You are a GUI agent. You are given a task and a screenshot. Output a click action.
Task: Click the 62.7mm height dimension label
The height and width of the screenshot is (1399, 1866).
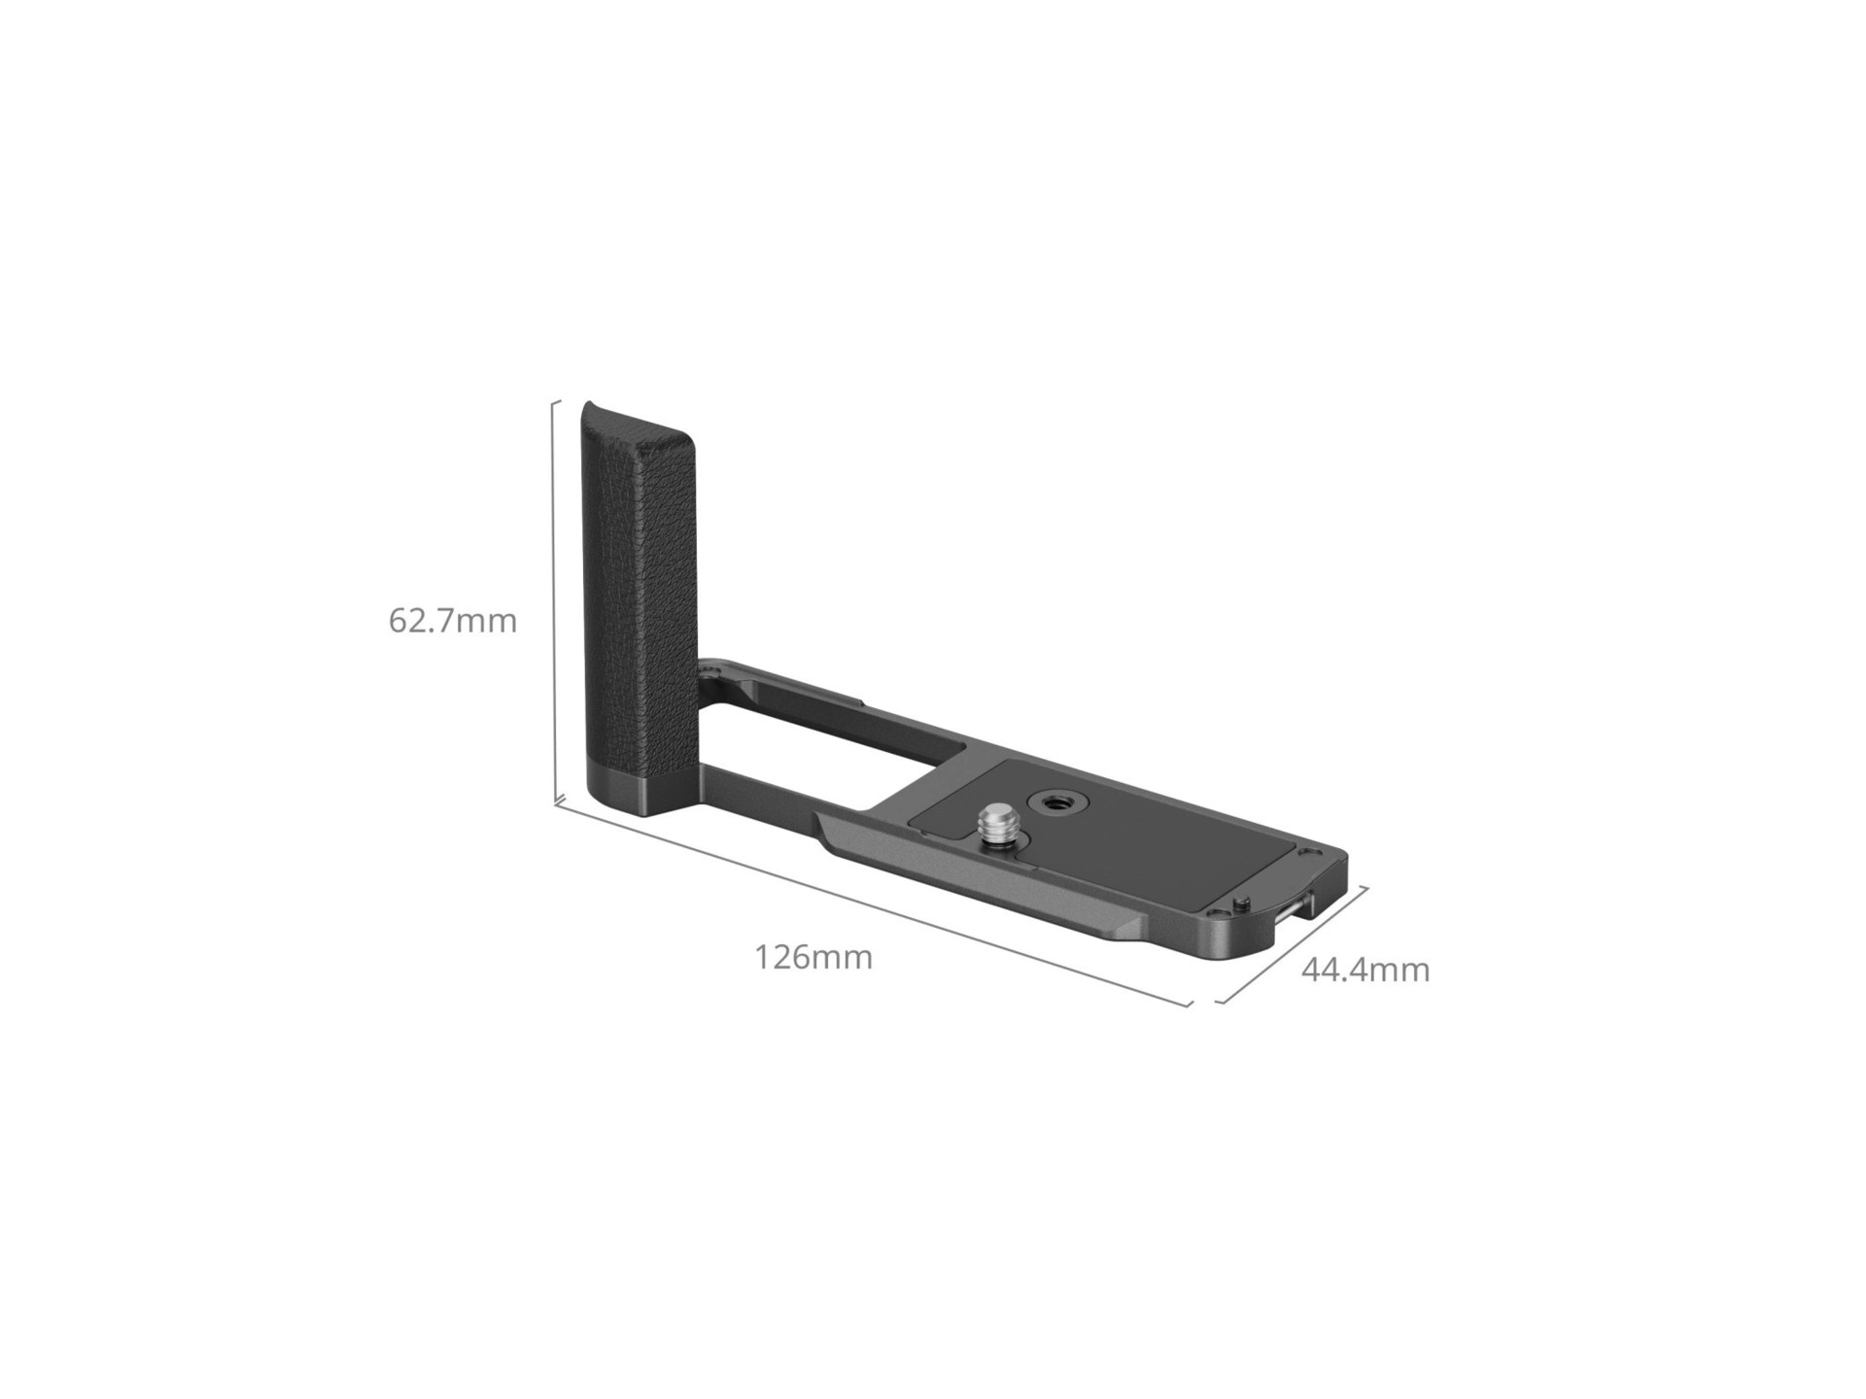click(453, 621)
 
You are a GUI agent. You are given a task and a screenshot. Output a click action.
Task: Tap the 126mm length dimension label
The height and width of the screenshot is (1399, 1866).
click(813, 958)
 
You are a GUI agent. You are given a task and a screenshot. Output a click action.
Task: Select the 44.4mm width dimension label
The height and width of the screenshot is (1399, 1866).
click(1365, 970)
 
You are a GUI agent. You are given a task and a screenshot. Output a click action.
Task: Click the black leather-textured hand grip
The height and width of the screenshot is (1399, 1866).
click(637, 583)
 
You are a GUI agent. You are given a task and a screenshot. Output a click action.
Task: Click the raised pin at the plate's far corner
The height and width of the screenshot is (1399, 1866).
click(1243, 904)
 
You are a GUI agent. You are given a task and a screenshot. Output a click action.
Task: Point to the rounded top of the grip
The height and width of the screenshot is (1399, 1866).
click(632, 413)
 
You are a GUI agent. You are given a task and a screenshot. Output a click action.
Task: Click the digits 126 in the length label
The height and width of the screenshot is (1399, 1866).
click(784, 958)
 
